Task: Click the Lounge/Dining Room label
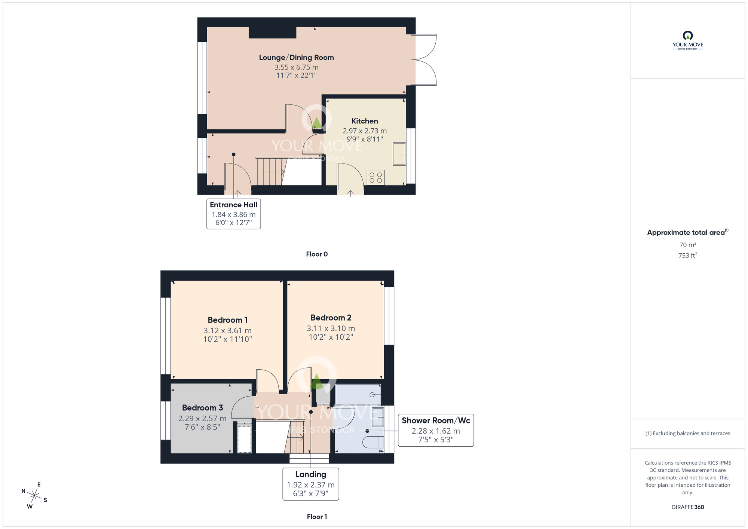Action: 296,58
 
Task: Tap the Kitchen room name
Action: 365,121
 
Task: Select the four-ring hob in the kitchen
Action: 375,177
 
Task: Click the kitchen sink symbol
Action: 399,154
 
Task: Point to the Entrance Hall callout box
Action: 233,214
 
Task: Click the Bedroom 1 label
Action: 227,320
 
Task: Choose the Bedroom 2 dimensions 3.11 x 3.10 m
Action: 331,328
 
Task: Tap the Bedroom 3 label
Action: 202,408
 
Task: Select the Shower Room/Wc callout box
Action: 436,430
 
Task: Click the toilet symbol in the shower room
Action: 374,442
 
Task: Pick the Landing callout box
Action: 310,484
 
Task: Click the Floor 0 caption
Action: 316,254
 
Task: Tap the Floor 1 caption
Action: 316,517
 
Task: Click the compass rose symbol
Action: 34,496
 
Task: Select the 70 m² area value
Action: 687,245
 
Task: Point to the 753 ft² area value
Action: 687,256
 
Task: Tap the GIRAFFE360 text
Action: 687,507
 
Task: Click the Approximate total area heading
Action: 687,232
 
